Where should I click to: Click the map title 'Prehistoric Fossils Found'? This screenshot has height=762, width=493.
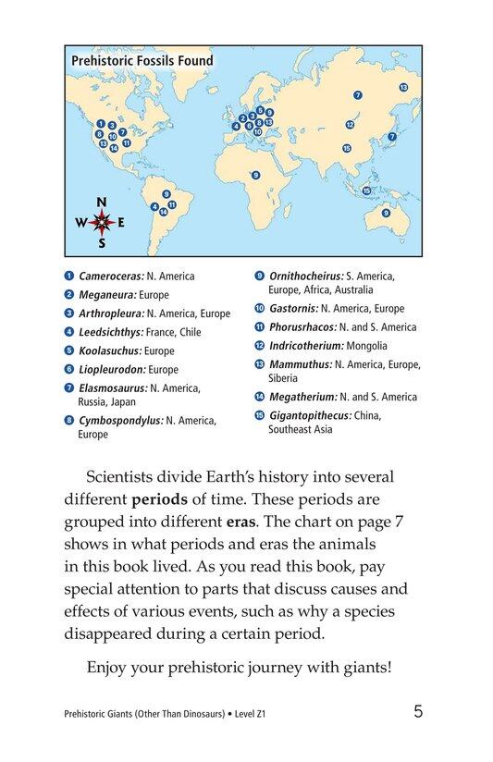point(142,61)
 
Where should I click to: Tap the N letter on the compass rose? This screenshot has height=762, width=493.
point(102,203)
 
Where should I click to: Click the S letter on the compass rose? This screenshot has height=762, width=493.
point(102,243)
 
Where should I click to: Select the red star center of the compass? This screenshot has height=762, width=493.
point(102,223)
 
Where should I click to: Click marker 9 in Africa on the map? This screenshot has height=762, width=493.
point(255,175)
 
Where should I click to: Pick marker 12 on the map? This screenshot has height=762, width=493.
point(350,125)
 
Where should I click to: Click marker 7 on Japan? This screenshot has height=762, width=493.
point(392,136)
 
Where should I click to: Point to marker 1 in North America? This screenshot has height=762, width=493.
point(99,124)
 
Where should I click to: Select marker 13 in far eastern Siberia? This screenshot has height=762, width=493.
point(403,87)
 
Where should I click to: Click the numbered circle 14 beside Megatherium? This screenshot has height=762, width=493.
point(260,397)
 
